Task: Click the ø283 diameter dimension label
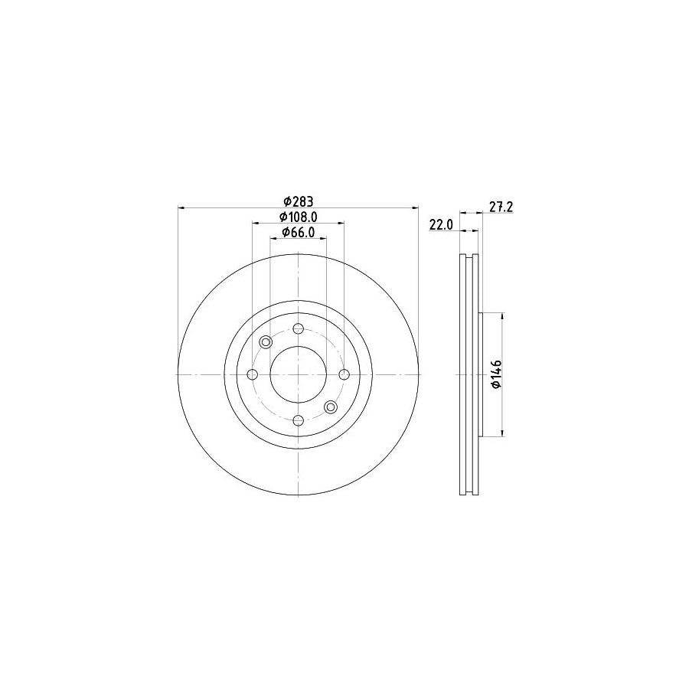click(x=299, y=201)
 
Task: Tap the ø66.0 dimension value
click(x=299, y=232)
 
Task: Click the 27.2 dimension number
click(x=500, y=206)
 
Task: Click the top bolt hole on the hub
click(x=299, y=328)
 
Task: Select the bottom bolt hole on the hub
click(x=299, y=420)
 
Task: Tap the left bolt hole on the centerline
click(x=253, y=374)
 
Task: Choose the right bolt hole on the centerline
click(x=344, y=374)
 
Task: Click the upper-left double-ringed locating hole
click(x=266, y=342)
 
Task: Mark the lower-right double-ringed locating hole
click(x=331, y=407)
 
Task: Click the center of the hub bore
click(x=299, y=374)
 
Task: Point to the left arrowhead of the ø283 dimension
click(x=181, y=207)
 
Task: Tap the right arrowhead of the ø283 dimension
click(x=416, y=207)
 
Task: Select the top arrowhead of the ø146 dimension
click(x=501, y=316)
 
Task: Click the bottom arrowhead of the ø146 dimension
click(x=501, y=433)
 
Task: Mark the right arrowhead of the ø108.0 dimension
click(x=341, y=223)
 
